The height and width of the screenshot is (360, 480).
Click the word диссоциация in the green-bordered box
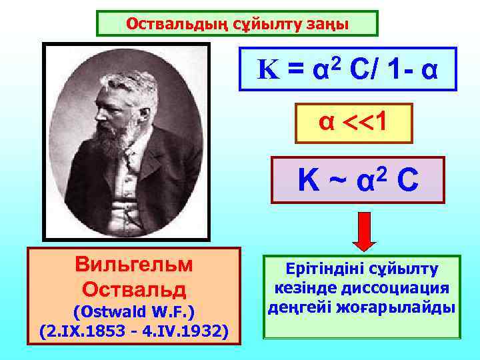click(x=407, y=289)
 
